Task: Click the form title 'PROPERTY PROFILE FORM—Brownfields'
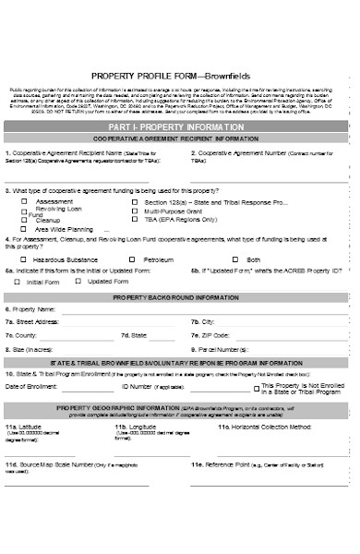click(181, 76)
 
